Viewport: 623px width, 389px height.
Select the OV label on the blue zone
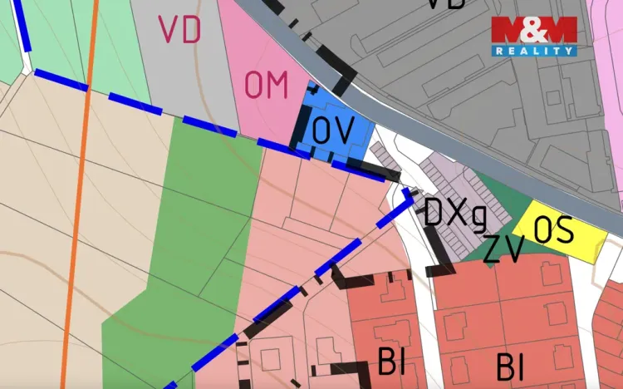[x=333, y=130]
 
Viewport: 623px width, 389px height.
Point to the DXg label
[x=454, y=214]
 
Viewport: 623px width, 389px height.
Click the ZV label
[x=503, y=249]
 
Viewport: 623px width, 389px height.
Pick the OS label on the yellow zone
[x=554, y=229]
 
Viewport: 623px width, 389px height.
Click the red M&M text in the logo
[x=533, y=31]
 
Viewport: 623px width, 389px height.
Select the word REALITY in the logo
[x=534, y=51]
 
